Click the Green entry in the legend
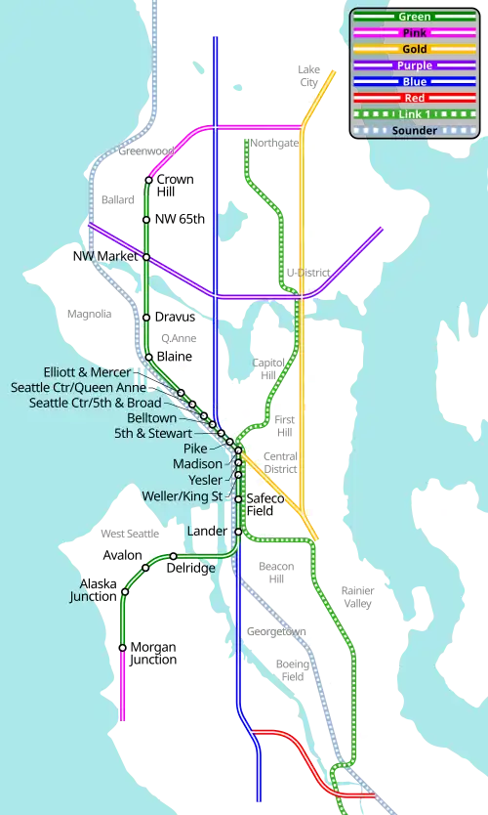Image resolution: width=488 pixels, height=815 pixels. pos(414,17)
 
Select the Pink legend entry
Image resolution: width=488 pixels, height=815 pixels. pos(414,33)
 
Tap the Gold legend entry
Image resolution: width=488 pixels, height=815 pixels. pos(414,49)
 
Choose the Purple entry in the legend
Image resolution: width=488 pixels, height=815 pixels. pos(414,65)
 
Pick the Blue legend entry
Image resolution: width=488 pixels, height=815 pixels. pos(414,81)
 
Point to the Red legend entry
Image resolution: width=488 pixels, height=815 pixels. pos(414,98)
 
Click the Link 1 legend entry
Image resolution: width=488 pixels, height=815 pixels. pos(414,113)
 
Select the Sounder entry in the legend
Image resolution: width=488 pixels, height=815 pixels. pos(414,130)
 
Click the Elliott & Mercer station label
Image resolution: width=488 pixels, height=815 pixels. pos(94,372)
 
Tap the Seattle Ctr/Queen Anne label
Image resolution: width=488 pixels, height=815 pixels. pos(78,387)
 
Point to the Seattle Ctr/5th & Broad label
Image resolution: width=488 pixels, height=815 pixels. pos(95,402)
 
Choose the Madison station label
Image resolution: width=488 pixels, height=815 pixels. pos(198,463)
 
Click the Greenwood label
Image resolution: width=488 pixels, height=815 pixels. pos(144,151)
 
